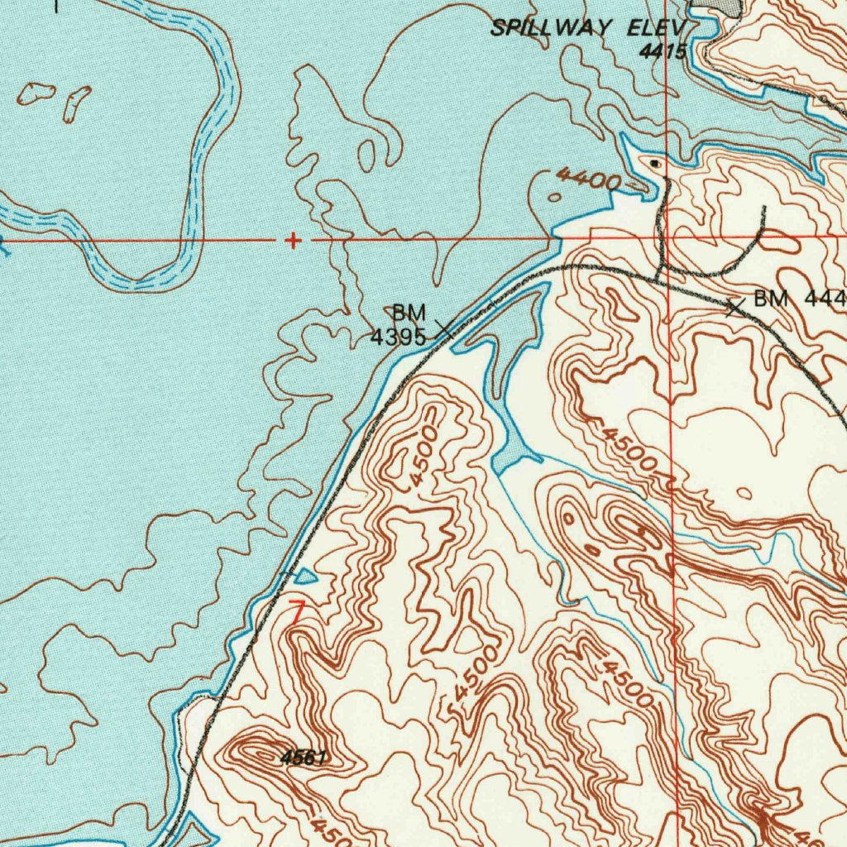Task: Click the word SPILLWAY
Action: pyautogui.click(x=551, y=27)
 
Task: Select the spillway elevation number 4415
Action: pyautogui.click(x=663, y=51)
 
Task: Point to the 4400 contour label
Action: pyautogui.click(x=586, y=178)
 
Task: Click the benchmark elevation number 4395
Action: pyautogui.click(x=398, y=337)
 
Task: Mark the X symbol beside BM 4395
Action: pyautogui.click(x=444, y=329)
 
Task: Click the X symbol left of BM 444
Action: pyautogui.click(x=734, y=308)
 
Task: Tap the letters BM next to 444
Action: pyautogui.click(x=771, y=299)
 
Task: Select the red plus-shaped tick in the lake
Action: pyautogui.click(x=292, y=241)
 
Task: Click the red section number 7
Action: pyautogui.click(x=298, y=613)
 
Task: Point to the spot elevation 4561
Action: pyautogui.click(x=304, y=757)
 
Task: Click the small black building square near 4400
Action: pyautogui.click(x=656, y=164)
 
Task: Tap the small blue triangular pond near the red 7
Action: pyautogui.click(x=304, y=575)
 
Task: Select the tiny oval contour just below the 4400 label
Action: pyautogui.click(x=553, y=198)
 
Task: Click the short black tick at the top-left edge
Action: pyautogui.click(x=57, y=6)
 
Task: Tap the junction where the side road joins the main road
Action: pyautogui.click(x=659, y=277)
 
